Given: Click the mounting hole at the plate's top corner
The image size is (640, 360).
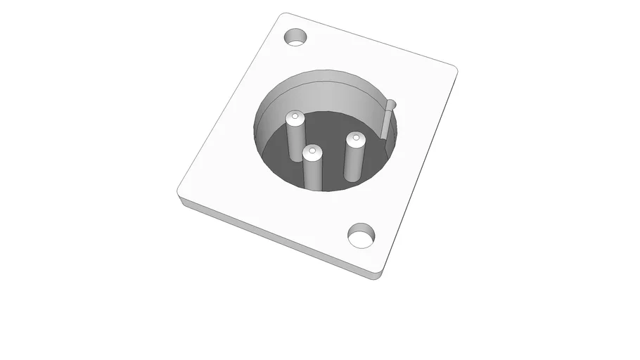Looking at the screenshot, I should pos(296,37).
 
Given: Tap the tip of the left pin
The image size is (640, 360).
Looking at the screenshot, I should pos(295,117).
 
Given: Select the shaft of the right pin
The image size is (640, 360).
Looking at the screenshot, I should pos(353,162).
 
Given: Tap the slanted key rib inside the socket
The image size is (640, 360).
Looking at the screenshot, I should pos(386,122).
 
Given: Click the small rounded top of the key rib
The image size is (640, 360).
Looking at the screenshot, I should pos(392,105).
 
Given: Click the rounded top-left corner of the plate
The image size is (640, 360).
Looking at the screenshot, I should pos(281,16).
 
